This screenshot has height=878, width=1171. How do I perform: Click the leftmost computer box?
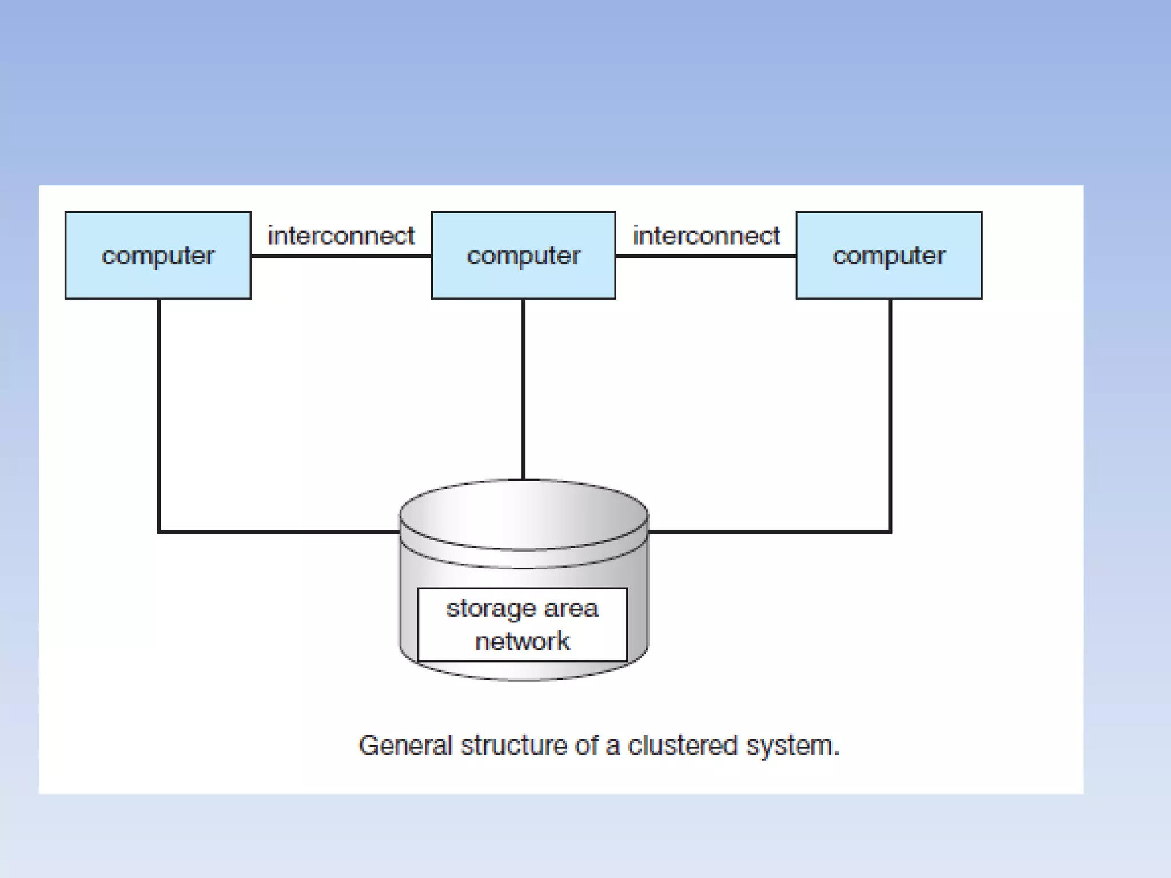click(158, 256)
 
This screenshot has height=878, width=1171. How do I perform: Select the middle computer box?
click(523, 256)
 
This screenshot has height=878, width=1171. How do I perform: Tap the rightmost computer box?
click(889, 256)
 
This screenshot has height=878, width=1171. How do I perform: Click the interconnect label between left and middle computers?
click(341, 236)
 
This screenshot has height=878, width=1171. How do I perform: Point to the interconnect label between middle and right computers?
click(706, 236)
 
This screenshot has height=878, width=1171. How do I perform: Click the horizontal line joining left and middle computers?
click(341, 256)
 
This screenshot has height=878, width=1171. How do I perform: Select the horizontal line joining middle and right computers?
click(706, 256)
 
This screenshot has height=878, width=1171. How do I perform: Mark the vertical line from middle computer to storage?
click(523, 389)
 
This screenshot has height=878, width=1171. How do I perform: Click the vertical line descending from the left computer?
click(159, 412)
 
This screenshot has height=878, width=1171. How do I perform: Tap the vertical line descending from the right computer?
click(890, 412)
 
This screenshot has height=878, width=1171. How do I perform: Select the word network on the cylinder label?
click(522, 641)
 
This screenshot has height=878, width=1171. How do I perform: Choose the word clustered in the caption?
click(683, 746)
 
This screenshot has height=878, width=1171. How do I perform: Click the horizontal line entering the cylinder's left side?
click(280, 532)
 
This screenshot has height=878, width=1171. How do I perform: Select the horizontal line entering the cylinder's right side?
click(769, 532)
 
